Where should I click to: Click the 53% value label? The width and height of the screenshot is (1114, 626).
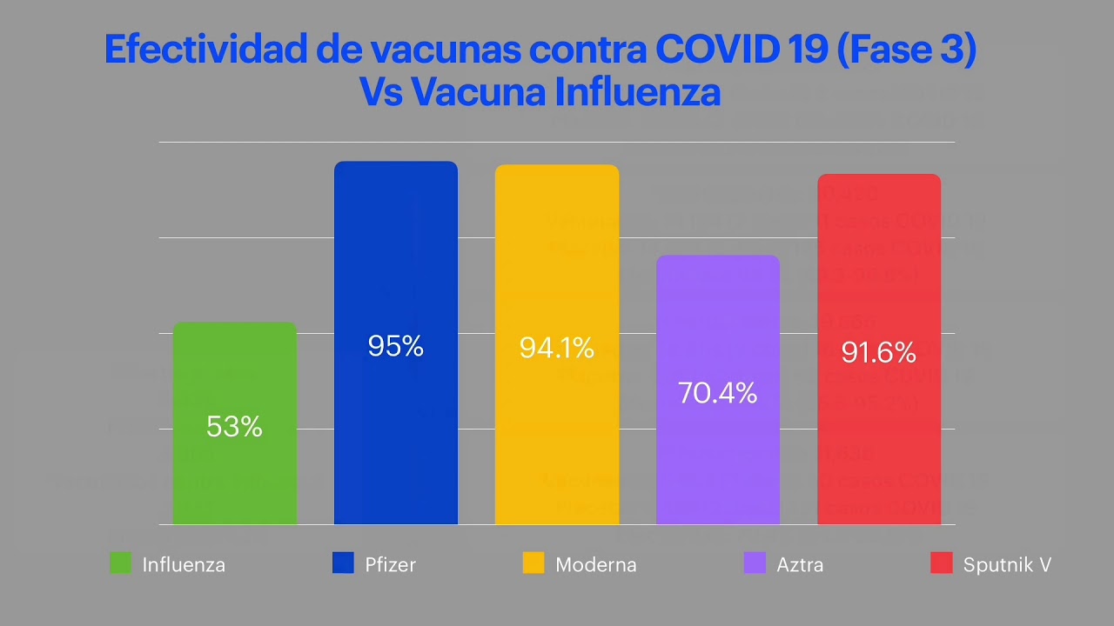click(235, 427)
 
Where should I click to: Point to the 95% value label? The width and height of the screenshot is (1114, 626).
click(396, 347)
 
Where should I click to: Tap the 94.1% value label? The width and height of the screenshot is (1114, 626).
click(557, 349)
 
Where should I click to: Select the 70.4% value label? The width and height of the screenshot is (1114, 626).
click(718, 394)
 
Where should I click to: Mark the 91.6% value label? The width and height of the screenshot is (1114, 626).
click(879, 353)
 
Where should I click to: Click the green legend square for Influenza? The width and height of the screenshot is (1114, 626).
click(121, 563)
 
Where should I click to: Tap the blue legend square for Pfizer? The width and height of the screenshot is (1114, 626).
click(344, 563)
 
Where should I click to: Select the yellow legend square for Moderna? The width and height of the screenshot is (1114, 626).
click(534, 563)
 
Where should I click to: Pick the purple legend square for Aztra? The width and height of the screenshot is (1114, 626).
click(755, 563)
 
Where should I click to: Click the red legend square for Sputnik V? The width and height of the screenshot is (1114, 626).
click(941, 563)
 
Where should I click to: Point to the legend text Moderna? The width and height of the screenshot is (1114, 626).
click(596, 565)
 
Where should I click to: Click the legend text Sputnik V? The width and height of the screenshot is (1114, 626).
click(1007, 565)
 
